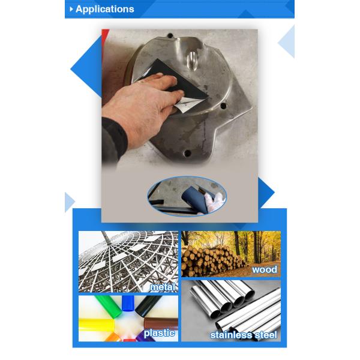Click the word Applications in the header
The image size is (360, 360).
pos(104,9)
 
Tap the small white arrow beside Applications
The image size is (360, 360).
pos(71,9)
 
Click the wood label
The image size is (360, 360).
pos(265,269)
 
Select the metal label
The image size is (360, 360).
pos(163,287)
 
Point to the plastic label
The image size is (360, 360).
pos(160,333)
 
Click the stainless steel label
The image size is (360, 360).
pos(244,335)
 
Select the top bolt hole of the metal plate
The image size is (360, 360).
pos(170,36)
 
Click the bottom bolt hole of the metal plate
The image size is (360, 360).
pos(187,153)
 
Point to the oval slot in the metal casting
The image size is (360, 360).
pos(193,59)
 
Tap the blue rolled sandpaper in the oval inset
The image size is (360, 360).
pos(193,197)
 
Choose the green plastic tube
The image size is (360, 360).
pos(107,307)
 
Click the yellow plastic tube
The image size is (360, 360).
pos(97,325)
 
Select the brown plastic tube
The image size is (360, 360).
pos(161,323)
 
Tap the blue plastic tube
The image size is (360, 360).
pos(128,303)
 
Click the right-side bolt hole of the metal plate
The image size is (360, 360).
pos(223,106)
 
